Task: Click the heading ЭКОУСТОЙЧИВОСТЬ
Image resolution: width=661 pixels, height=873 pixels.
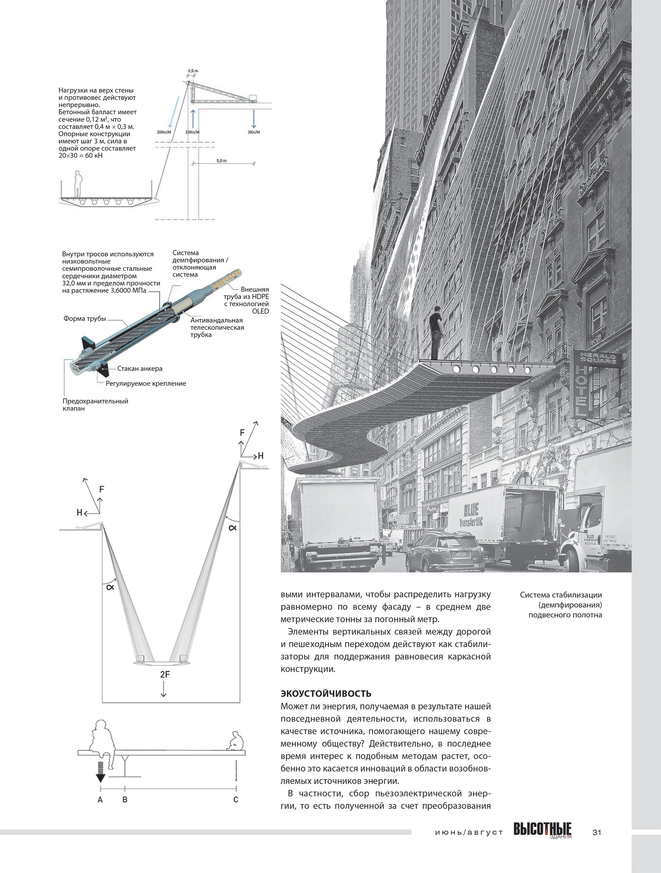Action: click(x=326, y=694)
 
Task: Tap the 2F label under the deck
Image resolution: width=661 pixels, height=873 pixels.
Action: click(x=165, y=674)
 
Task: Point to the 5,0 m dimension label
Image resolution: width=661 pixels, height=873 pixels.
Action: click(x=221, y=161)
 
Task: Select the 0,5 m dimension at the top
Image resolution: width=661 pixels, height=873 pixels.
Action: click(x=193, y=71)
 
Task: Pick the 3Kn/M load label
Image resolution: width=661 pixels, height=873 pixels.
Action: click(x=254, y=132)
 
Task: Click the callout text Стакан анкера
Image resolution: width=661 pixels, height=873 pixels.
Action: click(x=140, y=369)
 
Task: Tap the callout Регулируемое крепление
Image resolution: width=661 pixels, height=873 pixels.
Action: click(x=146, y=383)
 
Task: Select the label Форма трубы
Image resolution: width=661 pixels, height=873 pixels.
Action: click(x=85, y=319)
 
